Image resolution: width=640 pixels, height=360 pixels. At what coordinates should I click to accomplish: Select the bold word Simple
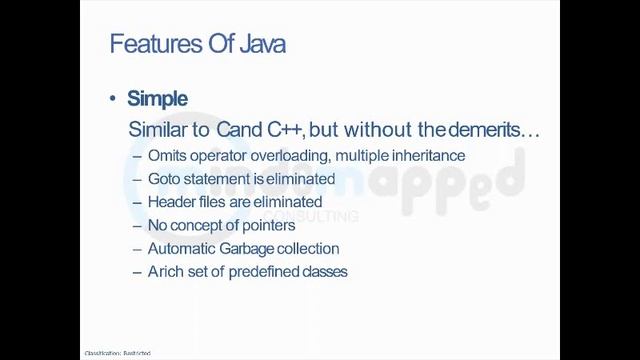(x=157, y=98)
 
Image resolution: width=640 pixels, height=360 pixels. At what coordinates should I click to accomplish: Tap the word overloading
(x=291, y=156)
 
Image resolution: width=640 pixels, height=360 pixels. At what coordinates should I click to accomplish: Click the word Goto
(x=164, y=179)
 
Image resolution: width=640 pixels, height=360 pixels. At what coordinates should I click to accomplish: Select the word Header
(x=171, y=202)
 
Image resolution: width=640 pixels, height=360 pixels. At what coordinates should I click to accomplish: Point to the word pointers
(x=265, y=225)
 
